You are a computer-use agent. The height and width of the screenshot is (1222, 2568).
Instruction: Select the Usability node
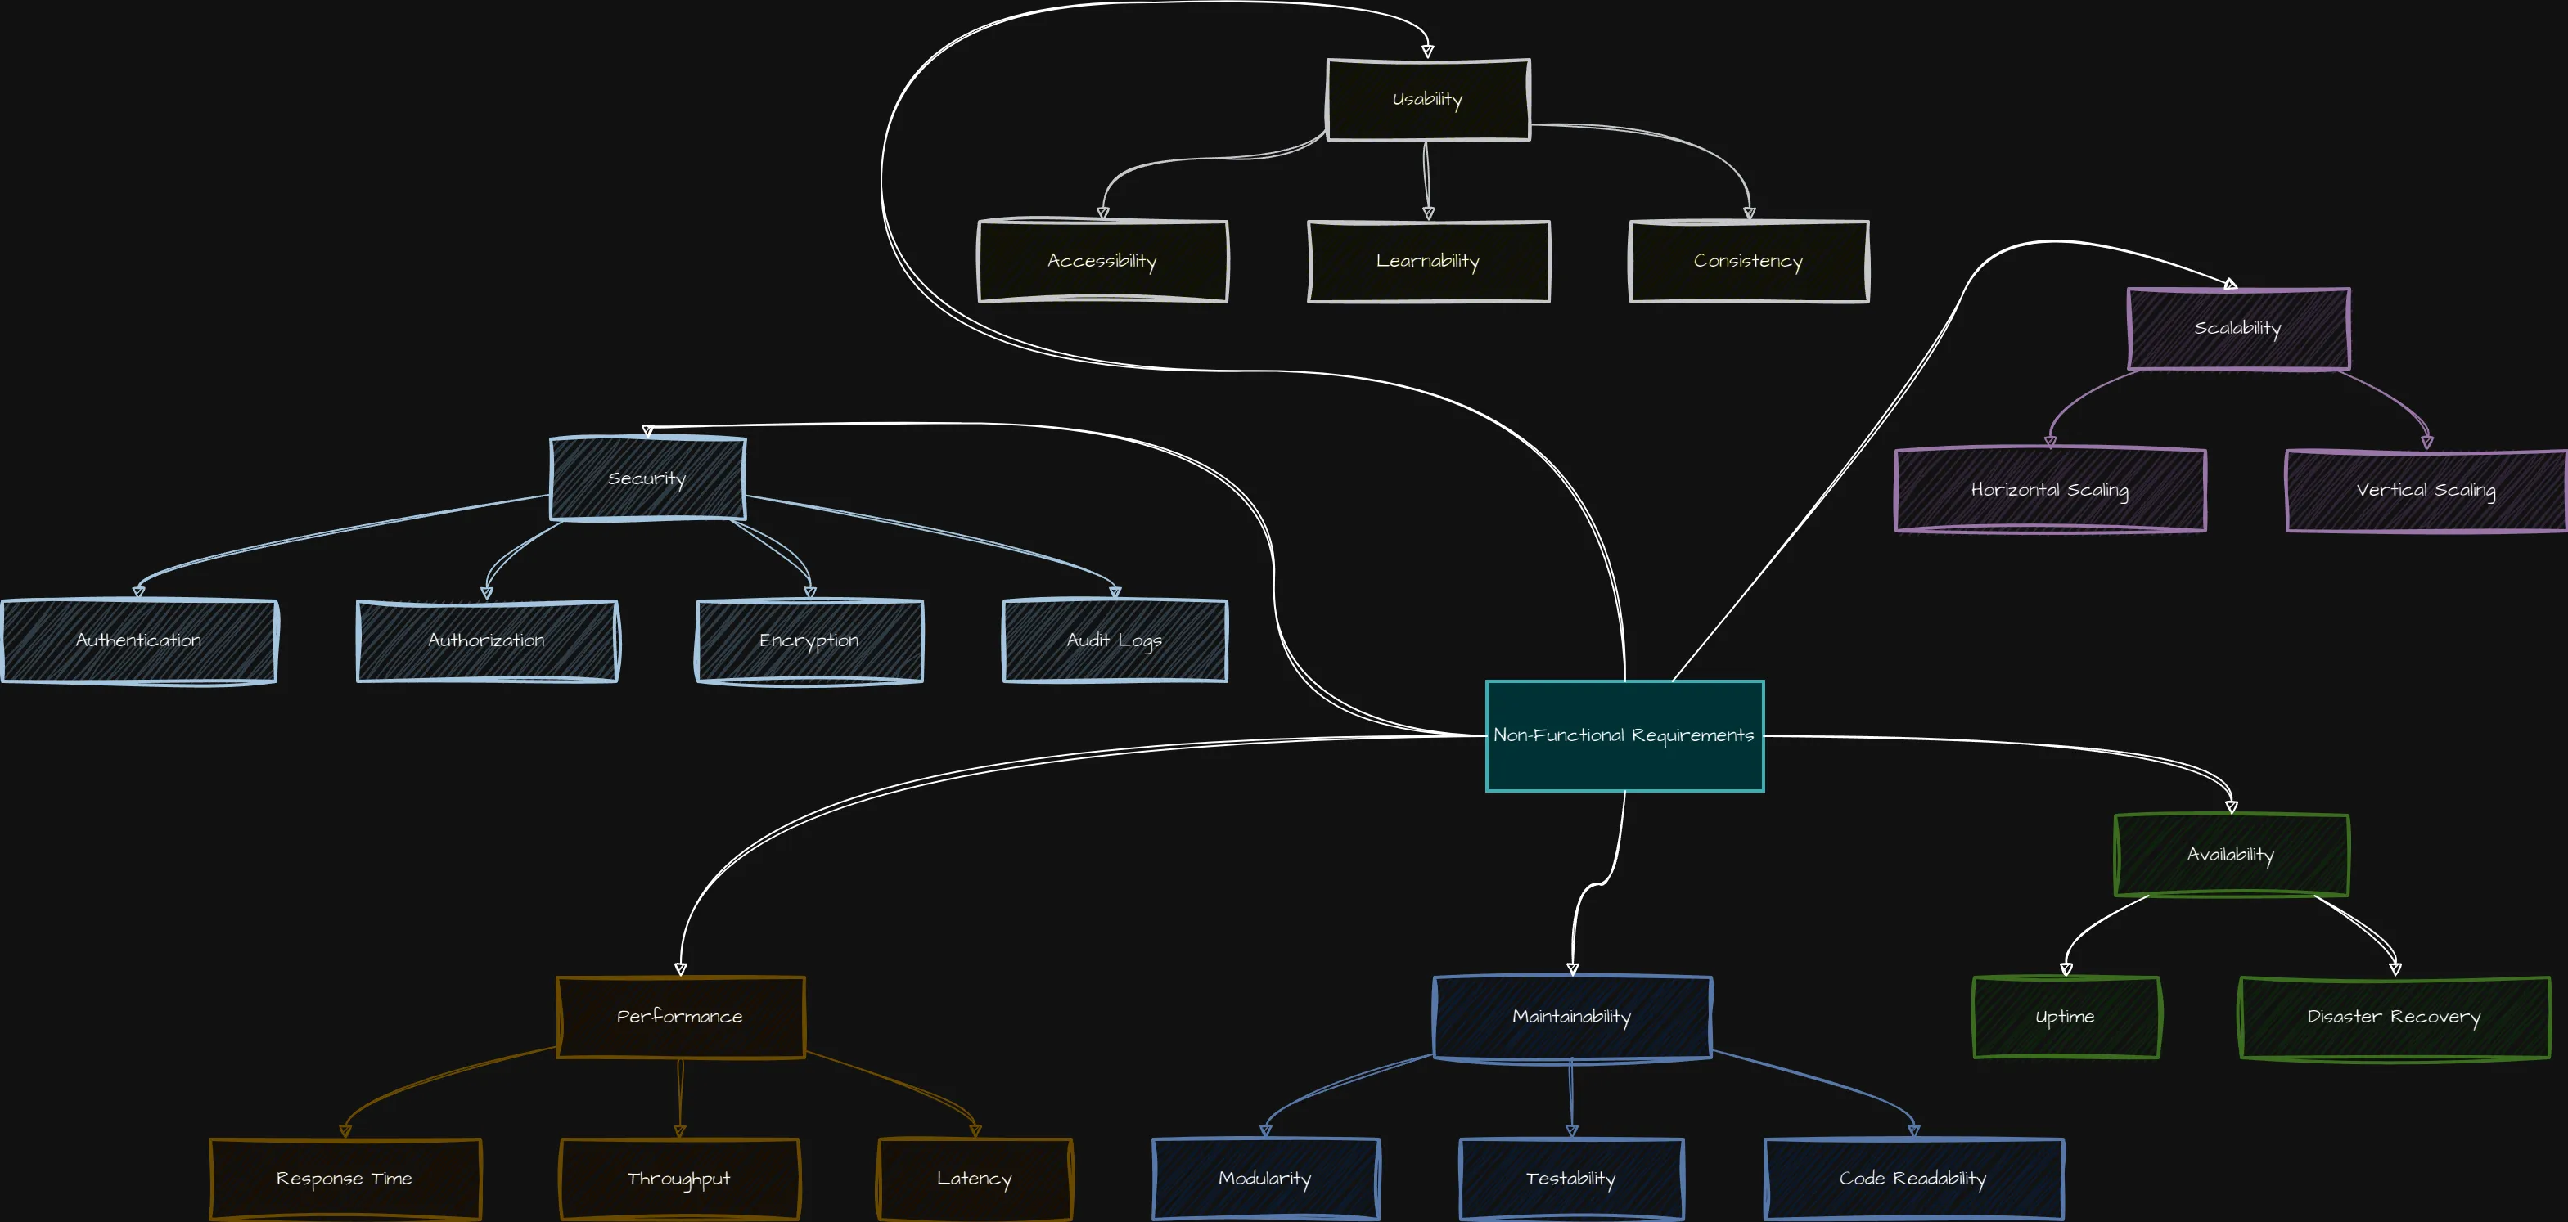point(1427,100)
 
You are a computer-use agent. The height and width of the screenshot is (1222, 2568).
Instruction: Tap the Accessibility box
point(1102,261)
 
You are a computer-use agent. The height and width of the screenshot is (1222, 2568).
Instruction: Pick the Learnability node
point(1429,261)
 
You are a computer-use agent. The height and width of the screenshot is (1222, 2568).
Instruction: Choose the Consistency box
point(1749,261)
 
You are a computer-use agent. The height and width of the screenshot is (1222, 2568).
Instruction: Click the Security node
point(647,478)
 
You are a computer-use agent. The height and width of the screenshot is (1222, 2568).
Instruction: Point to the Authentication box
point(138,641)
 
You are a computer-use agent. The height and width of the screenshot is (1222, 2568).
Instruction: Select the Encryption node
point(809,641)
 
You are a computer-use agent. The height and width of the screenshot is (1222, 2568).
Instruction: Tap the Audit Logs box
point(1115,641)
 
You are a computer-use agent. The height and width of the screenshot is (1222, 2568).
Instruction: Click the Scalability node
point(2238,329)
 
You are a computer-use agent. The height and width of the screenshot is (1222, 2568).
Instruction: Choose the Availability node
point(2231,856)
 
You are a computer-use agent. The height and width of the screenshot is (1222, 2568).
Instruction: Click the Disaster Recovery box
point(2394,1018)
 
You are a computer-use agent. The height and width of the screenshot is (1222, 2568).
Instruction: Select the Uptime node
point(2066,1018)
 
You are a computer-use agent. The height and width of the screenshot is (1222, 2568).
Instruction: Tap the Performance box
point(680,1017)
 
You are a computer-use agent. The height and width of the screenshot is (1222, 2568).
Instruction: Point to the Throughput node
point(679,1179)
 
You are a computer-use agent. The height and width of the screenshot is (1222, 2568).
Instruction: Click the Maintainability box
point(1572,1017)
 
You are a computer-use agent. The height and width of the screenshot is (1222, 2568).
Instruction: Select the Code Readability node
point(1913,1179)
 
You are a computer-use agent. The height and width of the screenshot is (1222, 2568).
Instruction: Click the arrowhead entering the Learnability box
point(1429,213)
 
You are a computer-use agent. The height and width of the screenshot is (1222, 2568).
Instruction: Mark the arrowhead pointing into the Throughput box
point(680,1131)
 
